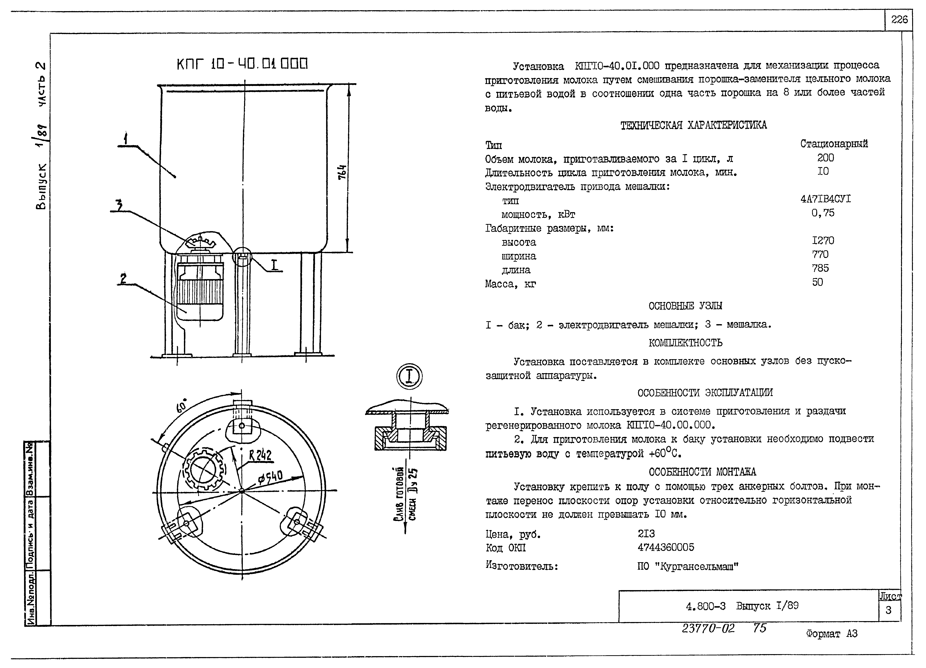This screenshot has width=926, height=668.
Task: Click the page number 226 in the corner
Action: pyautogui.click(x=899, y=20)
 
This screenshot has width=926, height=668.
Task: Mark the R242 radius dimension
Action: pyautogui.click(x=260, y=455)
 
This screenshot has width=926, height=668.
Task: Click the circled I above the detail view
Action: pyautogui.click(x=409, y=376)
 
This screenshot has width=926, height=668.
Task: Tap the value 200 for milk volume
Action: pyautogui.click(x=825, y=158)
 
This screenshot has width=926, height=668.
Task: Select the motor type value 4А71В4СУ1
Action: pyautogui.click(x=826, y=199)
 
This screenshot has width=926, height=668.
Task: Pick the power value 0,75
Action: pyautogui.click(x=823, y=213)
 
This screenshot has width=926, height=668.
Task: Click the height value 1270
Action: pyautogui.click(x=823, y=241)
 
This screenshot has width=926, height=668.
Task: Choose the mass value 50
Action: pyautogui.click(x=817, y=282)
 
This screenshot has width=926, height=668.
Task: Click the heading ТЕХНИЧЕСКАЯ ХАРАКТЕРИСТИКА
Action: pyautogui.click(x=693, y=125)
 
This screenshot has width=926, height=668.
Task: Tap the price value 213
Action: pyautogui.click(x=646, y=534)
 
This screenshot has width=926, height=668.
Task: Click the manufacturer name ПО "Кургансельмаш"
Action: pyautogui.click(x=688, y=567)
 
